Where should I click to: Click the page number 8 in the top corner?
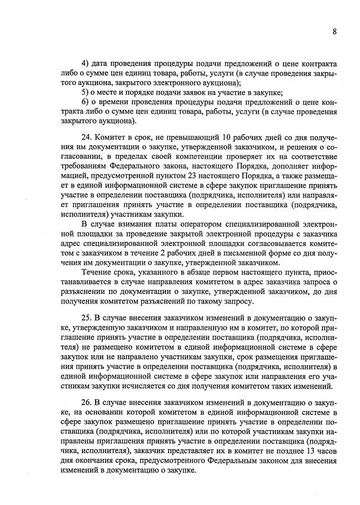point(334,32)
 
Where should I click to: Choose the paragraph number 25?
point(87,311)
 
